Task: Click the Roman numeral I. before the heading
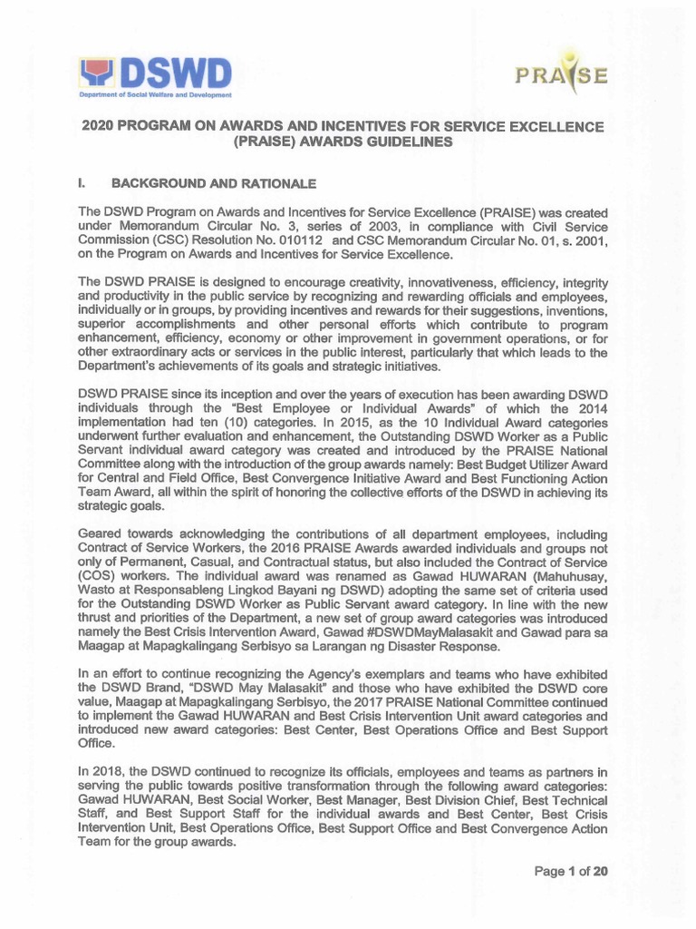(83, 184)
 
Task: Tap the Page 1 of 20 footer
(570, 872)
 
